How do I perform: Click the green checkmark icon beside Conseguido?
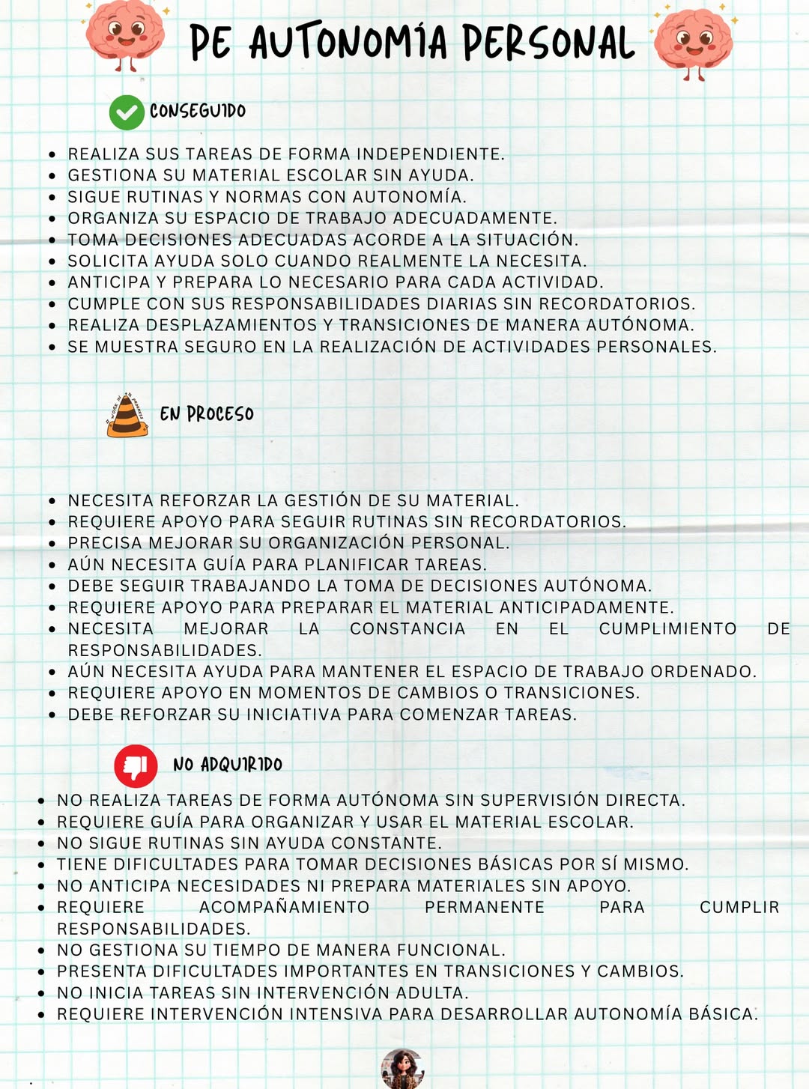click(127, 113)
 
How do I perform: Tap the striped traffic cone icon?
click(127, 415)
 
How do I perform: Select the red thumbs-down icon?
click(136, 765)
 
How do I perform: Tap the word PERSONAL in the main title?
click(548, 42)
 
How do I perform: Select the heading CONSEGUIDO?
click(198, 112)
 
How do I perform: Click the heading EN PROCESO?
click(207, 414)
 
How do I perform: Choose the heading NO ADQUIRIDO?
click(228, 765)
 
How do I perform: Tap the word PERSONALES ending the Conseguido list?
click(656, 347)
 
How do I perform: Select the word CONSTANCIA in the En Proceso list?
click(407, 629)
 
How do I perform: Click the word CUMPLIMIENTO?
click(667, 629)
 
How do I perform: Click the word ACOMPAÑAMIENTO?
click(284, 908)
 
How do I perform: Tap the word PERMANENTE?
click(485, 908)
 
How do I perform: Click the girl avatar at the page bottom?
click(402, 1069)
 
